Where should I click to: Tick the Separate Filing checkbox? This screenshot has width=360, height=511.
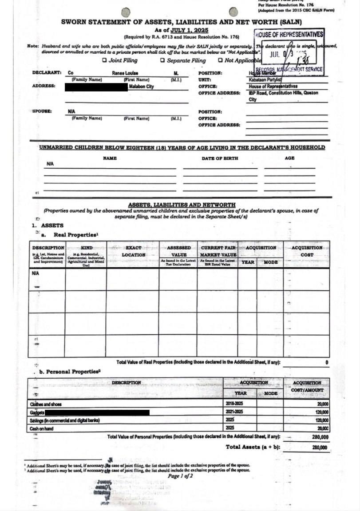click(163, 61)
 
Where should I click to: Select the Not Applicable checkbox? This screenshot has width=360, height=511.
click(220, 61)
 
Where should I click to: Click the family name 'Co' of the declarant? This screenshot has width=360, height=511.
click(71, 73)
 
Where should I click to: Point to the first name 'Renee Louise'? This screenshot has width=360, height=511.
click(125, 73)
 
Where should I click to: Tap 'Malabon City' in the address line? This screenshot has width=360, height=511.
click(141, 87)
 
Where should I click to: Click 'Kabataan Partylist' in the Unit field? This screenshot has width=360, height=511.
click(263, 80)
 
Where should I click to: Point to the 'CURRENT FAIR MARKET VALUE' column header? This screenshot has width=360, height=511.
click(218, 251)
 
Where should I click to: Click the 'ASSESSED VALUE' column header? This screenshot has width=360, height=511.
click(178, 251)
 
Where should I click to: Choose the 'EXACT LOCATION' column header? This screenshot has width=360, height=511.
click(133, 251)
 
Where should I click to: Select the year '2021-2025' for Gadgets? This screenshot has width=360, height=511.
click(234, 412)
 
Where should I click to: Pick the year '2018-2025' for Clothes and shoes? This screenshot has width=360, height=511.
click(234, 404)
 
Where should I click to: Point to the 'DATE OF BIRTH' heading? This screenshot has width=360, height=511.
click(220, 158)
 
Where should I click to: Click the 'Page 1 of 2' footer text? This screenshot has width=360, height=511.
click(180, 476)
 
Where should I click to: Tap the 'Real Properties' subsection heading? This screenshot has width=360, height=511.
click(75, 234)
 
